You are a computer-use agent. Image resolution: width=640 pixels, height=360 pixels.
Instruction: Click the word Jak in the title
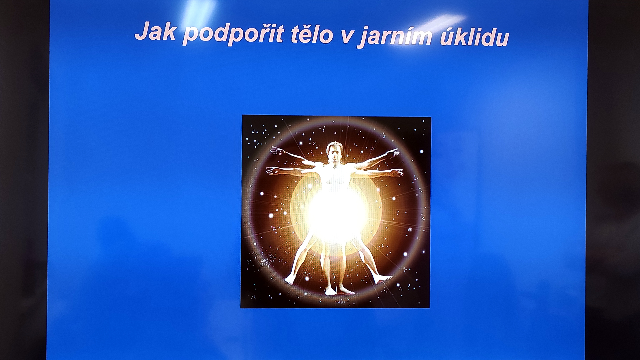tap(155, 31)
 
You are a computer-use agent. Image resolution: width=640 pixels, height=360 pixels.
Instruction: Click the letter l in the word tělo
tap(318, 33)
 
